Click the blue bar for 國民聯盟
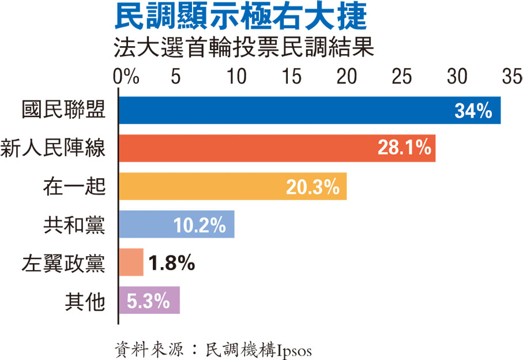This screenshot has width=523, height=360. point(288,110)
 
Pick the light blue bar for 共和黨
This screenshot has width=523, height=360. point(144,224)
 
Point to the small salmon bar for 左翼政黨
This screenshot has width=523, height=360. point(131,262)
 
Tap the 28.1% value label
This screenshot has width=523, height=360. point(405,148)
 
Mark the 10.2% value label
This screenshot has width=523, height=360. point(200,225)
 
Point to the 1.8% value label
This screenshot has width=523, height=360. point(171,263)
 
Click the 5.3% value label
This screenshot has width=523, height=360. point(148,301)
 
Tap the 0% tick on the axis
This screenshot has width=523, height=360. point(126,77)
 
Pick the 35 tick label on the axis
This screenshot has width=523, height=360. point(511,77)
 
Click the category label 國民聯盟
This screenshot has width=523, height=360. point(63,110)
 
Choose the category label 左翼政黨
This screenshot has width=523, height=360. point(63,262)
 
